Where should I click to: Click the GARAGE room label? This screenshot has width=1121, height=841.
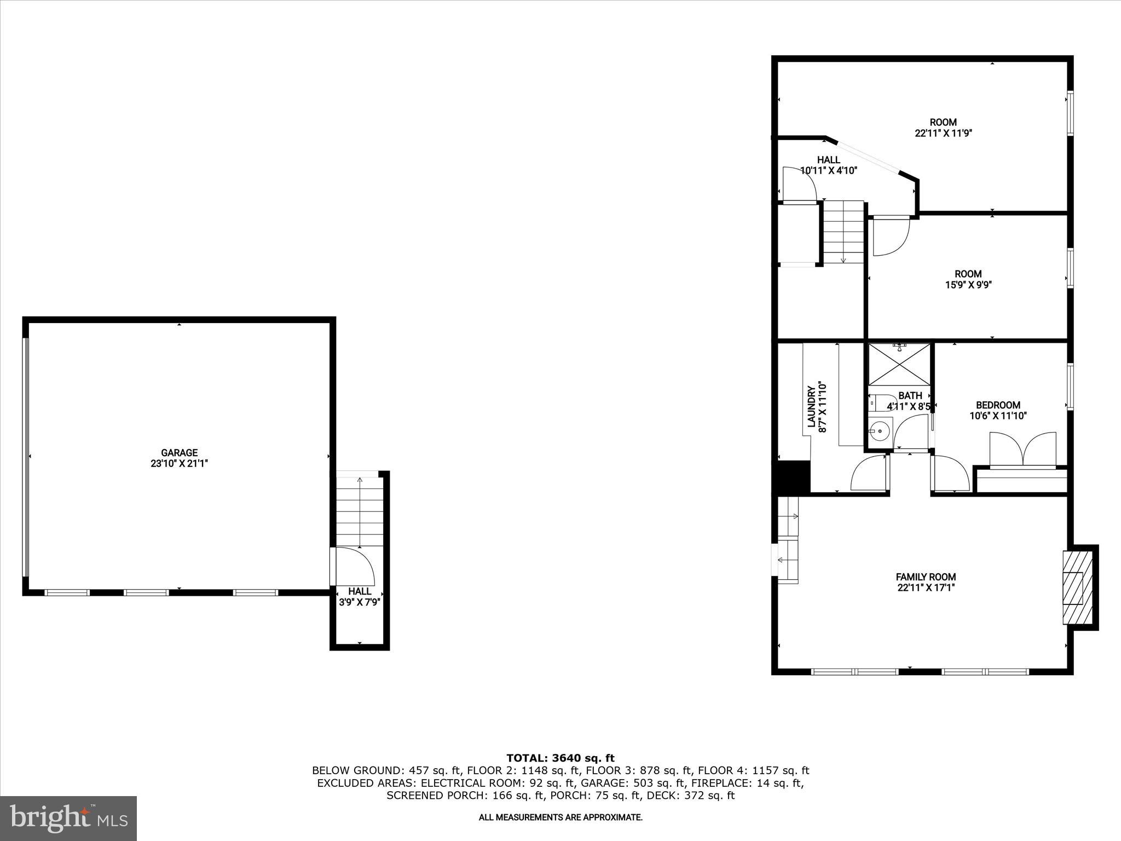point(179,453)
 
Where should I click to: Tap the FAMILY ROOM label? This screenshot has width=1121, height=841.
point(926,577)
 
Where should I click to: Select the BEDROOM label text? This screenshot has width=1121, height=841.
point(998,405)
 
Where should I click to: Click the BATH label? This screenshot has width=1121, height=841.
point(910,395)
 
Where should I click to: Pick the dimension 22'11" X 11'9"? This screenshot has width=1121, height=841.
point(943,133)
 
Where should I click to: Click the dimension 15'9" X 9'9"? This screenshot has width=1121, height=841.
point(968,285)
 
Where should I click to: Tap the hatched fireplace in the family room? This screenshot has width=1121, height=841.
point(1073,587)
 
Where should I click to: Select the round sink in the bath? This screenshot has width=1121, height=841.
point(880,431)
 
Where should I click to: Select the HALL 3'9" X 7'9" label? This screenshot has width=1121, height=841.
point(359,597)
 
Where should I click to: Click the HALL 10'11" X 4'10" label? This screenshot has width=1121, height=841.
point(828,165)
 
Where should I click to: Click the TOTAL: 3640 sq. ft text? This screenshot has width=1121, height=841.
point(560,758)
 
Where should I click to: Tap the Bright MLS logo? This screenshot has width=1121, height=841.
point(68,818)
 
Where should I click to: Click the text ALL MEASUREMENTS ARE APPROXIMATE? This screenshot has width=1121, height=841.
point(560,817)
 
